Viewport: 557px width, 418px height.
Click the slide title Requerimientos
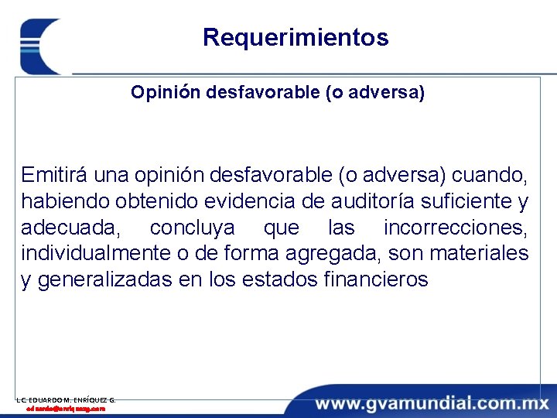pos(296,37)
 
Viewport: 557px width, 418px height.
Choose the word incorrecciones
pos(456,228)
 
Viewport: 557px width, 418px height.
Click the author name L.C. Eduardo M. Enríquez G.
pos(66,399)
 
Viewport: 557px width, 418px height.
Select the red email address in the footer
pos(66,408)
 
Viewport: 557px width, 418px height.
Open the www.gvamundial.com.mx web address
pos(430,403)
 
